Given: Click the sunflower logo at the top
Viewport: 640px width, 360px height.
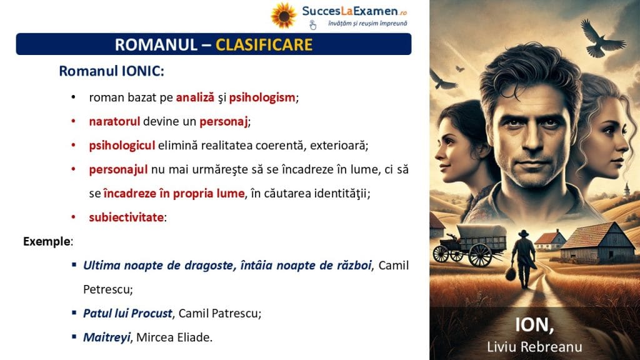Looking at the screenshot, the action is (283, 16).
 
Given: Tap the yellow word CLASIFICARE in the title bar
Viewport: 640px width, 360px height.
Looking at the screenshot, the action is (264, 44).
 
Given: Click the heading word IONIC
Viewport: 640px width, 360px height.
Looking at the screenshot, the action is (143, 71).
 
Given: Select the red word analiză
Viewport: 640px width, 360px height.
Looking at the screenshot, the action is (195, 97).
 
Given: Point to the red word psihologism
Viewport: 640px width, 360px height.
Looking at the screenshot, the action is (262, 97).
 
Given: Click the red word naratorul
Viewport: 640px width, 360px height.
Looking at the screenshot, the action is (114, 121).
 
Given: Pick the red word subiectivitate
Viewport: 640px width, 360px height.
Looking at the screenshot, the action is (126, 217).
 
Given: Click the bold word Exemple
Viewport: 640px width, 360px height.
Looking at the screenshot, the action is (47, 241).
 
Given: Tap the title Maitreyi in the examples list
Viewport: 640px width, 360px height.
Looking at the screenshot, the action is (106, 337).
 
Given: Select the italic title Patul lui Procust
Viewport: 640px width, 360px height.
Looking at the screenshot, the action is (127, 313).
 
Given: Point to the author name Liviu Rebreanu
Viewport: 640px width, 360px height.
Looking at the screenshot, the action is (534, 346).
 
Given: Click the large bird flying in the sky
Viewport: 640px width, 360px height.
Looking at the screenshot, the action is (600, 38).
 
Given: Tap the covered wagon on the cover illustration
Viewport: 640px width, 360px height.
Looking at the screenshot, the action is (470, 244).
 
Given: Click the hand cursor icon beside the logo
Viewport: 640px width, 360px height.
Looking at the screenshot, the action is (312, 25).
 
